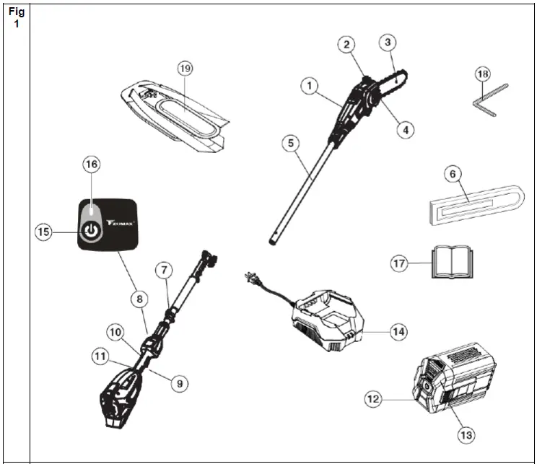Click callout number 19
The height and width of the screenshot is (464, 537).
[x=186, y=69]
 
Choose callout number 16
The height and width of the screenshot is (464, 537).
[x=91, y=165]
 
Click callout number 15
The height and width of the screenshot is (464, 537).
[x=45, y=232]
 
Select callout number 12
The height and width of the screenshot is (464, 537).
[x=373, y=398]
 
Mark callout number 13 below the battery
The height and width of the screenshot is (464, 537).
[x=466, y=435]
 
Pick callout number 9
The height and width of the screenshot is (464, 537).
[x=178, y=384]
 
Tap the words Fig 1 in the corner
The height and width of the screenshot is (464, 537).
[x=17, y=17]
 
